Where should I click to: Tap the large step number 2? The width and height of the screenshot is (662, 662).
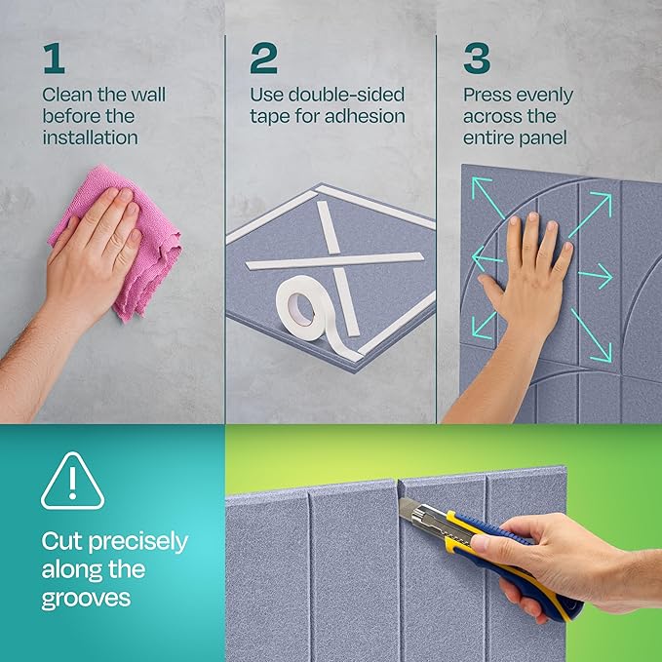pos(263,59)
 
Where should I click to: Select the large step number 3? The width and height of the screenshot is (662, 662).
pos(477,59)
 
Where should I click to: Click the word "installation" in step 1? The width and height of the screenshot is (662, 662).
pos(90,137)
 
